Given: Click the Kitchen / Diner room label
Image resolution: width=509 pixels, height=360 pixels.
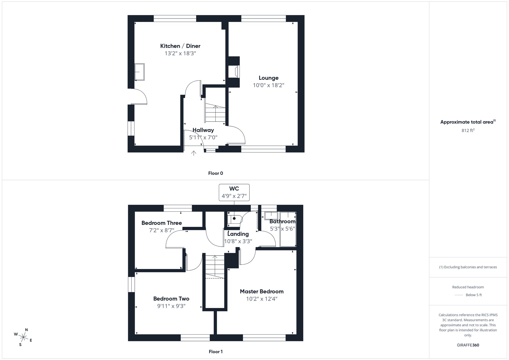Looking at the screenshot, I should [x=180, y=46].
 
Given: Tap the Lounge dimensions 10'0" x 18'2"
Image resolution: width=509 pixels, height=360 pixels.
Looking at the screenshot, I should [x=268, y=85].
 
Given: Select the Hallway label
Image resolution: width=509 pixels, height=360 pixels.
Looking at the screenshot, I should [x=203, y=130].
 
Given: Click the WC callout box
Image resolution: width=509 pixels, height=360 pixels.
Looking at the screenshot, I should [x=234, y=192].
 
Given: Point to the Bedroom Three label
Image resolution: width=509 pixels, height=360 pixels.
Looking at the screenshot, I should [x=162, y=223].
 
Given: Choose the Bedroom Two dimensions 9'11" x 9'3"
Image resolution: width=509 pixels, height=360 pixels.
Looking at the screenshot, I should [x=171, y=306].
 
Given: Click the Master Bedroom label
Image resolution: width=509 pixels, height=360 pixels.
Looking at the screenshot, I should [x=261, y=291].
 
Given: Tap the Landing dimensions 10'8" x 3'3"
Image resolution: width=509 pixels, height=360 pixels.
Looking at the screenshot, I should [x=238, y=241].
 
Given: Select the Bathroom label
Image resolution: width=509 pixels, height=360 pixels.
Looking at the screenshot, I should [x=282, y=222].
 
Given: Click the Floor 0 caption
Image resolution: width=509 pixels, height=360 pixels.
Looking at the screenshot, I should [x=215, y=173].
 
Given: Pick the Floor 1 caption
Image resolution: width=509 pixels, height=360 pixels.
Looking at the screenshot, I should [x=215, y=352].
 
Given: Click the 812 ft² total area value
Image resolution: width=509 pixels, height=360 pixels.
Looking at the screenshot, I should [x=468, y=130].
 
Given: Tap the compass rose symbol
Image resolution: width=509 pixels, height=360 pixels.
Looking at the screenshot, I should [x=24, y=337].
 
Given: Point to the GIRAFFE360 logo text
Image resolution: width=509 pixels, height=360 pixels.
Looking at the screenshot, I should [x=468, y=345].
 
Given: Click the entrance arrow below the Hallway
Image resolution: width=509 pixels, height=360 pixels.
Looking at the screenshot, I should [x=193, y=153].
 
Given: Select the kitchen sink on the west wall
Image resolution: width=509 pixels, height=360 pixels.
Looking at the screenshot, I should [x=139, y=72].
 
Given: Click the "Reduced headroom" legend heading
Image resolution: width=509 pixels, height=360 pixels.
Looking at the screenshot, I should [x=468, y=287].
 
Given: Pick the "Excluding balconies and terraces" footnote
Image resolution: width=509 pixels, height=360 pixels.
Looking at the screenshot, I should [x=468, y=267].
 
